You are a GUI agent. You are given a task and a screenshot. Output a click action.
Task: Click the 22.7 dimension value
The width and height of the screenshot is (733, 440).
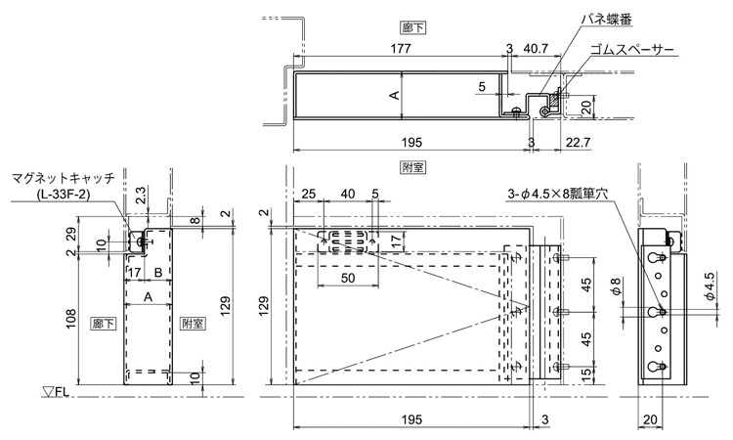[579, 143]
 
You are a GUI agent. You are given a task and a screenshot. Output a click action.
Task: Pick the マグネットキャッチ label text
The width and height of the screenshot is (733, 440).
[64, 178]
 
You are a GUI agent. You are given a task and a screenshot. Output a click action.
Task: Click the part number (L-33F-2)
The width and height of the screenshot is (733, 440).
[64, 195]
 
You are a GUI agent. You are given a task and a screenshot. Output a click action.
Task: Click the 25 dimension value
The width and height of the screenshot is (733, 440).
[309, 194]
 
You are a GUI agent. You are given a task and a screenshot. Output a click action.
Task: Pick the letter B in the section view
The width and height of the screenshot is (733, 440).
[157, 271]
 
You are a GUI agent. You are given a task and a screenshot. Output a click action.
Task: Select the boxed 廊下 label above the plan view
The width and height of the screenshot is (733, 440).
[412, 27]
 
